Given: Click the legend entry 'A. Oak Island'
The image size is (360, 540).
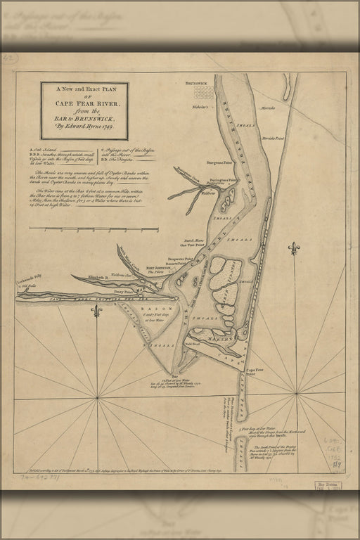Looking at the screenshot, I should pyautogui.click(x=44, y=150).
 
